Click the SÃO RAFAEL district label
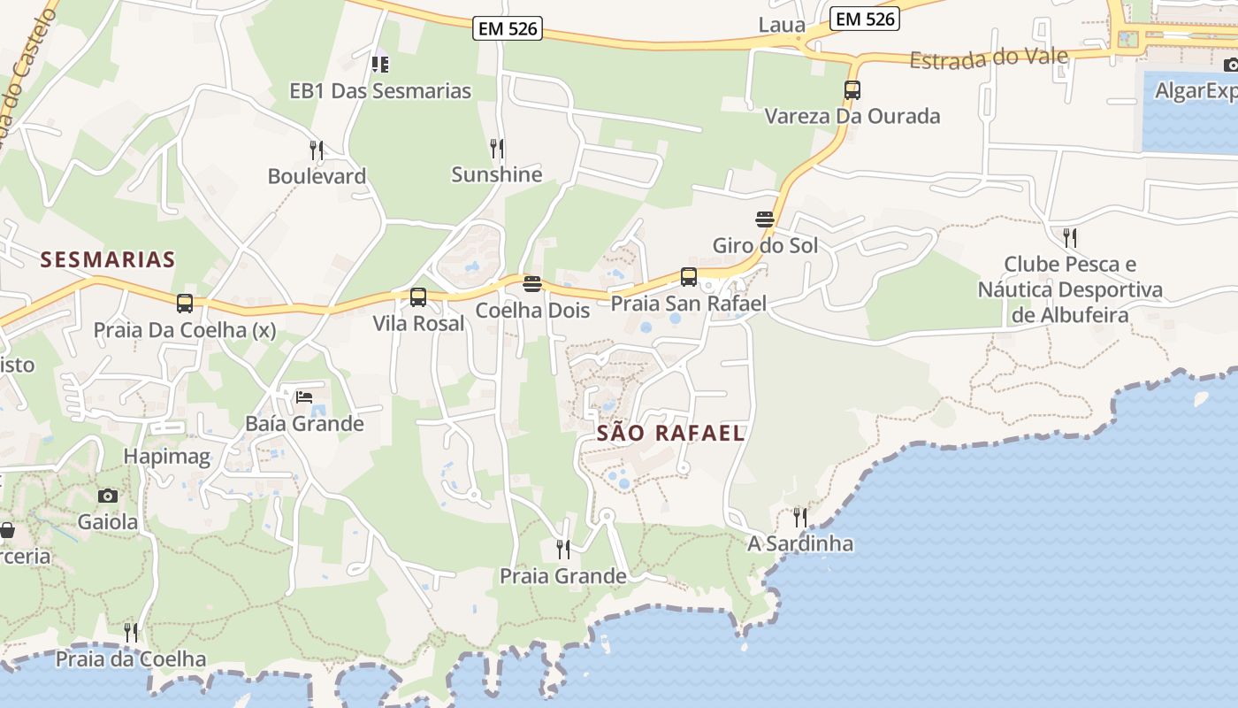pyautogui.click(x=670, y=433)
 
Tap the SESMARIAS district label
pyautogui.click(x=108, y=259)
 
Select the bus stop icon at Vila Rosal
pyautogui.click(x=418, y=297)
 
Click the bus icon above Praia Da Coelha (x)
pyautogui.click(x=185, y=304)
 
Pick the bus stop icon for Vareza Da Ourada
pyautogui.click(x=852, y=90)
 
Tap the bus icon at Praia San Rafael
pyautogui.click(x=689, y=277)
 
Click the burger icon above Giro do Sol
pyautogui.click(x=765, y=219)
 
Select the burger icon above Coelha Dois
pyautogui.click(x=532, y=284)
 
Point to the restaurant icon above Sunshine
pyautogui.click(x=497, y=148)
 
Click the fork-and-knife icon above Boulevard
pyautogui.click(x=317, y=150)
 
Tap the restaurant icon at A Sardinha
pyautogui.click(x=800, y=517)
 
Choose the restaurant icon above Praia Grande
pyautogui.click(x=563, y=550)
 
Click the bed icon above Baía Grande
pyautogui.click(x=304, y=396)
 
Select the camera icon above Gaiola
pyautogui.click(x=108, y=496)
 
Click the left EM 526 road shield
pyautogui.click(x=507, y=28)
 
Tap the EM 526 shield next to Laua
pyautogui.click(x=865, y=18)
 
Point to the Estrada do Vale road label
pyautogui.click(x=989, y=58)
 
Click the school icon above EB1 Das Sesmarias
pyautogui.click(x=380, y=64)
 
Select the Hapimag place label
pyautogui.click(x=167, y=457)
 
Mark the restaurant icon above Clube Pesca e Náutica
pyautogui.click(x=1070, y=237)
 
